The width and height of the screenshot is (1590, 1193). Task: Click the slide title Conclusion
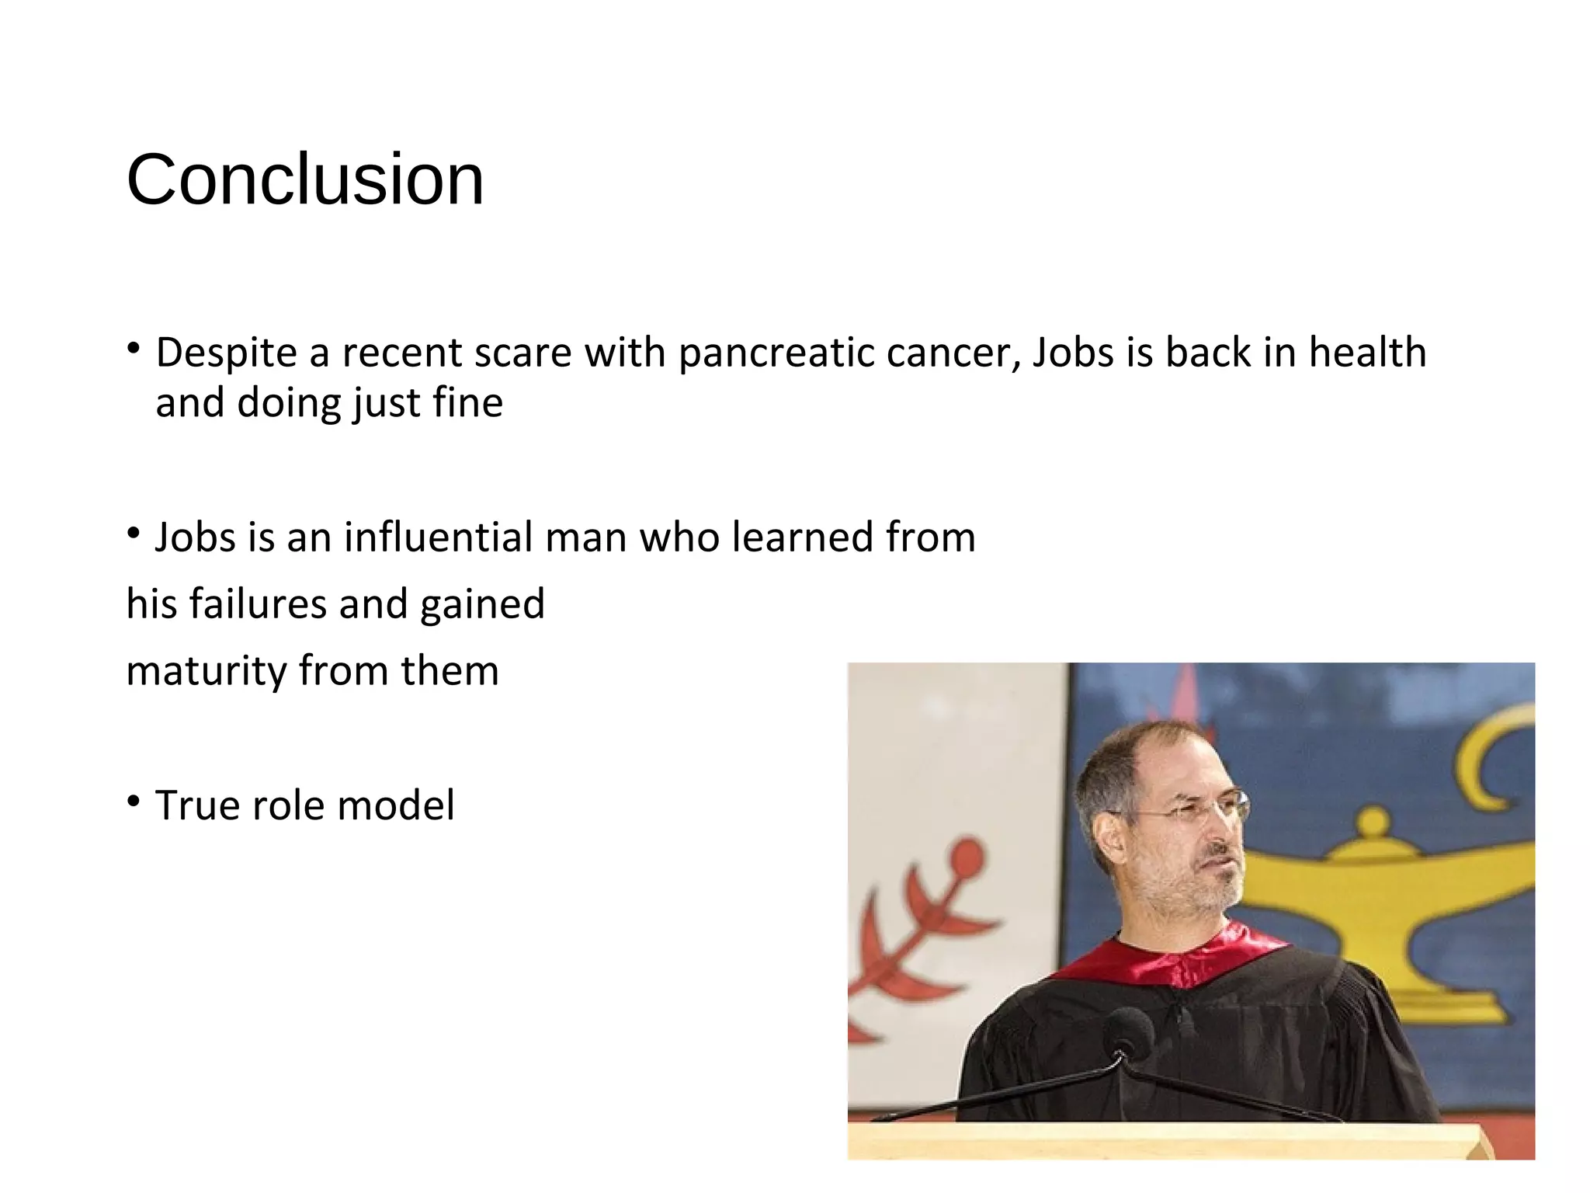(x=305, y=180)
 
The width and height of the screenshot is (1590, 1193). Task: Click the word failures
(x=258, y=604)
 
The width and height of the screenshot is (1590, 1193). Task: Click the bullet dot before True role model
(x=134, y=800)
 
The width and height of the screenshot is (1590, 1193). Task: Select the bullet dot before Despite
(x=134, y=347)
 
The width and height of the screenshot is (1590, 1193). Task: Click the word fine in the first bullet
(x=468, y=403)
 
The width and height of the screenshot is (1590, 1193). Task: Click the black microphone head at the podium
(x=1128, y=1031)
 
